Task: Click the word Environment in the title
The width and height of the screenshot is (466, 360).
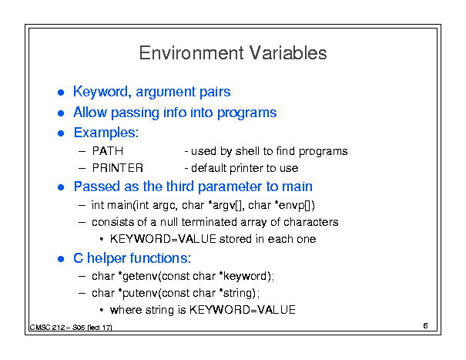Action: (191, 53)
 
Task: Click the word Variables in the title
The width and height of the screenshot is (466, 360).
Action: (288, 53)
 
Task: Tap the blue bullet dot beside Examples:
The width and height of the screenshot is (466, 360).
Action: (61, 133)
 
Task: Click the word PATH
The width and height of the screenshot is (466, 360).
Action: (108, 151)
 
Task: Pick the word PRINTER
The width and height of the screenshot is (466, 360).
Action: (118, 168)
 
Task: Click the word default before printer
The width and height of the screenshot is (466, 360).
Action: (209, 168)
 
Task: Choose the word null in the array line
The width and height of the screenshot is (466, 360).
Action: (169, 222)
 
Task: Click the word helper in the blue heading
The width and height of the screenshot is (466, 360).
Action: (106, 258)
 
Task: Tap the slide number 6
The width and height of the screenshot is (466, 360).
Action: (425, 325)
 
